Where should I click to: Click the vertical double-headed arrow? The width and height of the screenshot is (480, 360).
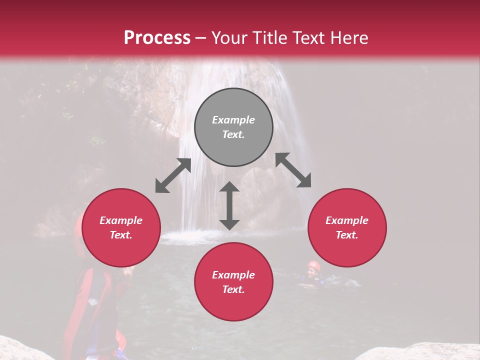click(x=229, y=205)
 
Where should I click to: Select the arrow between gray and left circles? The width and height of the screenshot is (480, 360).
click(x=173, y=175)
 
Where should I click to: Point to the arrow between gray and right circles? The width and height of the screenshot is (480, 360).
click(x=293, y=170)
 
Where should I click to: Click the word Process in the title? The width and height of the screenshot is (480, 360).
click(x=157, y=38)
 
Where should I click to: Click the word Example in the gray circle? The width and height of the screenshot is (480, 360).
click(x=233, y=120)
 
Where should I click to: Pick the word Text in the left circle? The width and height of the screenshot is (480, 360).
click(x=121, y=235)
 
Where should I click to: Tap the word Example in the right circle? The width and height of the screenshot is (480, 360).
click(x=347, y=220)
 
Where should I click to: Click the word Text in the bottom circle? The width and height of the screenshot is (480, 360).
click(x=233, y=289)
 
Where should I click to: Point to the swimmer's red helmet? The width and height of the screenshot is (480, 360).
click(x=313, y=265)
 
